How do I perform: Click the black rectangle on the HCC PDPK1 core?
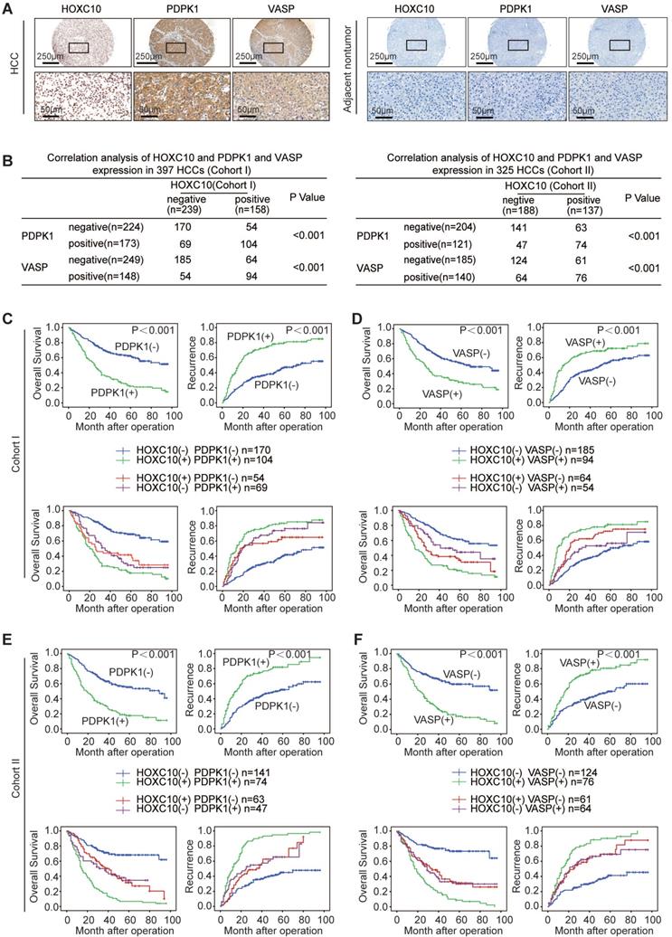(x=175, y=47)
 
